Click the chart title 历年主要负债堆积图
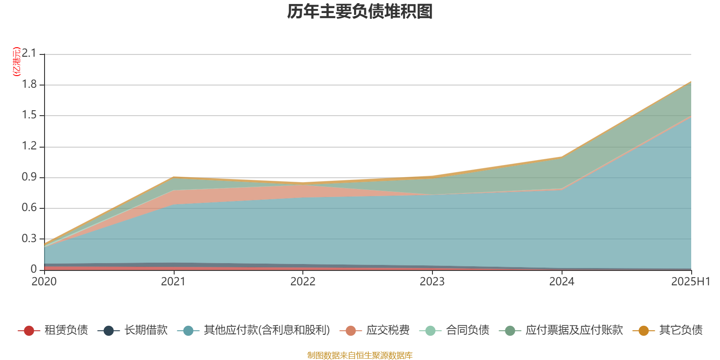pyautogui.click(x=360, y=12)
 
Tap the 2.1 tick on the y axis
pyautogui.click(x=29, y=54)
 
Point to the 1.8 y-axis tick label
pyautogui.click(x=29, y=85)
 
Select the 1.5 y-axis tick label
pyautogui.click(x=29, y=115)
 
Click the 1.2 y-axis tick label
pyautogui.click(x=29, y=146)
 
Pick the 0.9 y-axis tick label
pyautogui.click(x=29, y=177)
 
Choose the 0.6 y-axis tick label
pyautogui.click(x=29, y=208)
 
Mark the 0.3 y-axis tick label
pyautogui.click(x=29, y=238)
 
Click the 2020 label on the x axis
pyautogui.click(x=44, y=282)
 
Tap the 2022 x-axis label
pyautogui.click(x=303, y=282)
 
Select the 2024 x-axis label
pyautogui.click(x=562, y=282)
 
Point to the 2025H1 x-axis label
pyautogui.click(x=690, y=282)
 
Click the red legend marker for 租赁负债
pyautogui.click(x=29, y=331)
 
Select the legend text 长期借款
pyautogui.click(x=146, y=330)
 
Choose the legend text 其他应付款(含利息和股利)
pyautogui.click(x=267, y=330)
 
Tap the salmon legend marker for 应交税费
pyautogui.click(x=351, y=331)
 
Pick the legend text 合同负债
pyautogui.click(x=468, y=330)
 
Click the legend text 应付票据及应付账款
pyautogui.click(x=574, y=330)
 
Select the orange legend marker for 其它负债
pyautogui.click(x=643, y=331)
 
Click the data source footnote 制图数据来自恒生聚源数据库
pyautogui.click(x=360, y=355)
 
